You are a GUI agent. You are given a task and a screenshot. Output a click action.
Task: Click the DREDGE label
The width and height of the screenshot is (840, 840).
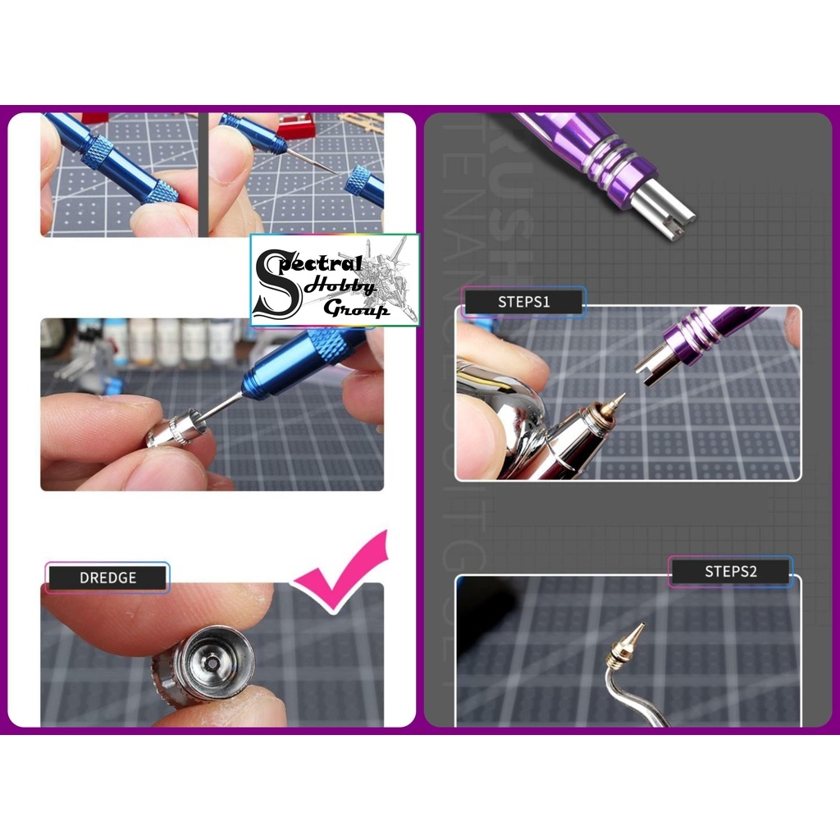tap(107, 577)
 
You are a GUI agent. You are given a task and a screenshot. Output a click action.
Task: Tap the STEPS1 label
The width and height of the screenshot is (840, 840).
tap(523, 301)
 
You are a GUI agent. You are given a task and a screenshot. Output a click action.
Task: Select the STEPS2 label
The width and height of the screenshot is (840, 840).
tap(730, 571)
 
